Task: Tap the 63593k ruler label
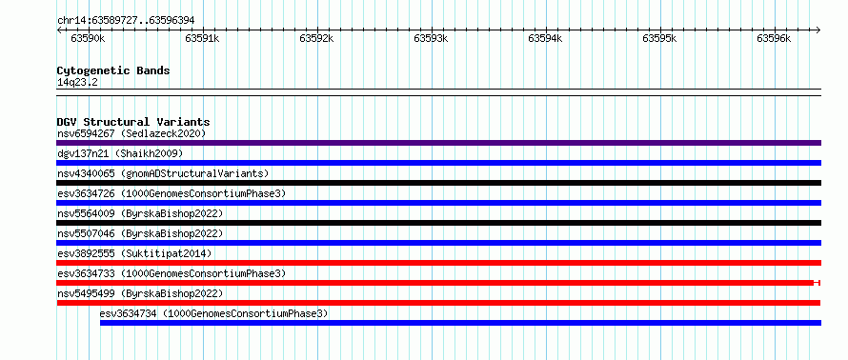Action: click(x=431, y=38)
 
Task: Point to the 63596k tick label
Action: click(x=774, y=38)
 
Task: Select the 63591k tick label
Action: click(x=202, y=38)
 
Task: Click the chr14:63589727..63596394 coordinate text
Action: click(x=126, y=21)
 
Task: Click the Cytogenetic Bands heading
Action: click(x=113, y=70)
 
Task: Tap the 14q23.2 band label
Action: click(x=77, y=83)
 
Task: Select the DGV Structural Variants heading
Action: click(x=133, y=122)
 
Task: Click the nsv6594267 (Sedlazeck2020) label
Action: click(x=131, y=133)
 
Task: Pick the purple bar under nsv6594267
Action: click(x=438, y=143)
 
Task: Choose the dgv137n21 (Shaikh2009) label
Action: click(x=120, y=153)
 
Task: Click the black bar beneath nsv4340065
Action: click(x=438, y=183)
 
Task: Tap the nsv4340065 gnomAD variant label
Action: click(x=163, y=173)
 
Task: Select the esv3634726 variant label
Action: click(x=172, y=193)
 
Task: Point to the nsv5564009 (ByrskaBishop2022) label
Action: click(x=140, y=213)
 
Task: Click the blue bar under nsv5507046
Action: click(x=438, y=243)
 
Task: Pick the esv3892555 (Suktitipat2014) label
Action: click(x=134, y=253)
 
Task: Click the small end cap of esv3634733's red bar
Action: click(x=818, y=283)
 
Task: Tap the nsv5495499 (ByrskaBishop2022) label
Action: click(x=140, y=293)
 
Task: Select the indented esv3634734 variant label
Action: click(x=213, y=313)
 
